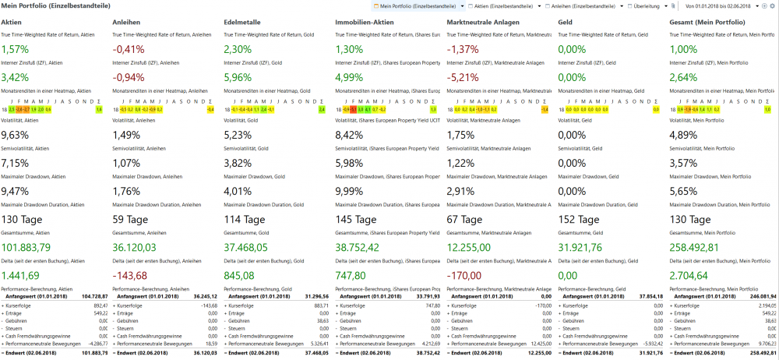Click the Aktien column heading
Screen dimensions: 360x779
12,23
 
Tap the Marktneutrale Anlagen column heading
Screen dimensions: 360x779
485,23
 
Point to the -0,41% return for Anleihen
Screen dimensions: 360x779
129,49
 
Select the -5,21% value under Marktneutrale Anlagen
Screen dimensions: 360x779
466,77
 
